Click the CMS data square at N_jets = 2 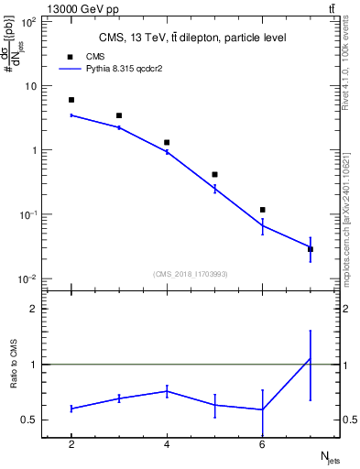pos(71,100)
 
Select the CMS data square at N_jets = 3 pos(119,115)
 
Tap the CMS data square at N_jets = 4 pos(167,143)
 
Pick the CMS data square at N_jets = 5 pos(214,174)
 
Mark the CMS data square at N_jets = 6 pos(262,210)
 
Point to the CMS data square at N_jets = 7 pos(310,249)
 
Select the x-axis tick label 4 pos(167,444)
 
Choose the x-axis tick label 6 pos(262,444)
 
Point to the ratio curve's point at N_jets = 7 pos(310,358)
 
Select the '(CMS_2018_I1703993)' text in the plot pos(191,274)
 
